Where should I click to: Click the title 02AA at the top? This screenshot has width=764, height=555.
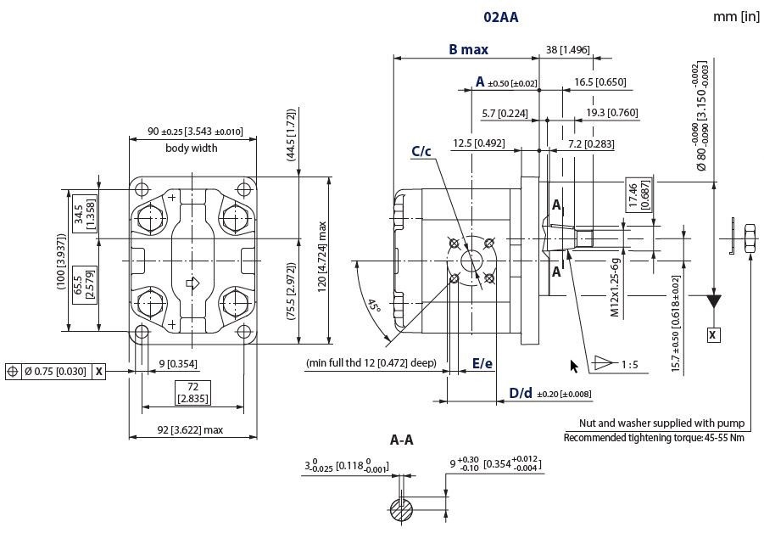click(x=500, y=18)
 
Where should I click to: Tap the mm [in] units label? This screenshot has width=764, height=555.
click(x=736, y=17)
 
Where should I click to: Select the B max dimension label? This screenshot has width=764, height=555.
click(x=468, y=49)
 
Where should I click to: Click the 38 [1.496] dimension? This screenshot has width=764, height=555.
click(x=567, y=50)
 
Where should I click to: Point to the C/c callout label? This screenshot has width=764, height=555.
click(x=421, y=151)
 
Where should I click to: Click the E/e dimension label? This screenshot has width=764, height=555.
click(x=482, y=363)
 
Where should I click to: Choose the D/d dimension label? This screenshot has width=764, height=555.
click(x=521, y=393)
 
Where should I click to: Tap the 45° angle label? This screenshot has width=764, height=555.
click(x=373, y=306)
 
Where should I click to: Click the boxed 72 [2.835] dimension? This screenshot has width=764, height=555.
click(x=193, y=393)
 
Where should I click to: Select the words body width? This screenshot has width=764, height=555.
click(x=192, y=148)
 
